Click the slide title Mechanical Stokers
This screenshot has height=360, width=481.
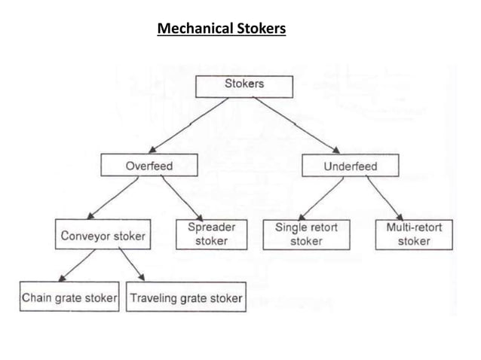(221, 30)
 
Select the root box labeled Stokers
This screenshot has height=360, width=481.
(244, 85)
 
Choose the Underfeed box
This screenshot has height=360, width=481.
(351, 165)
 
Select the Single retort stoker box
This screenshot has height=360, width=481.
(306, 234)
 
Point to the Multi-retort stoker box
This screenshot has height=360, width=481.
(414, 234)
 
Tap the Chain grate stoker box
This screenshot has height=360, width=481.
(69, 298)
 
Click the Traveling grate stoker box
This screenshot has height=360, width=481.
(185, 298)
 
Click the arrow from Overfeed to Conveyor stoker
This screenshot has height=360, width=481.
(114, 198)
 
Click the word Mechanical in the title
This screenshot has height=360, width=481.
(193, 30)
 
